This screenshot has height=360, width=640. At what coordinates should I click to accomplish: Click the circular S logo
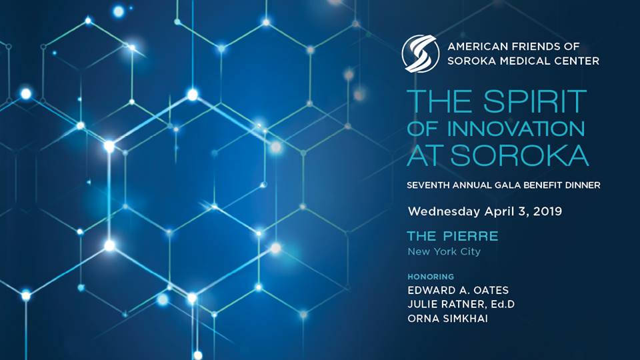tap(421, 53)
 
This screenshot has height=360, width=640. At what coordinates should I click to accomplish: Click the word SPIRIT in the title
tap(535, 101)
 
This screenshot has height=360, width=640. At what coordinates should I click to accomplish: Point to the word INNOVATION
tap(516, 129)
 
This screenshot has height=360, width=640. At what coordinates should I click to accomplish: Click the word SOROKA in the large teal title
tap(519, 155)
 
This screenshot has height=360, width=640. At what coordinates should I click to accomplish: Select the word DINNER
tap(583, 185)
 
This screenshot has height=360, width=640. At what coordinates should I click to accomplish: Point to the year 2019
tap(548, 211)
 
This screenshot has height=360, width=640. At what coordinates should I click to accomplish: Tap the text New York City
tap(444, 252)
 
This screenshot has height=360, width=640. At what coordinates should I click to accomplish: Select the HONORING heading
tap(431, 277)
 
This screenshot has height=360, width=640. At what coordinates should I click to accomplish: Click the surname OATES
tap(491, 290)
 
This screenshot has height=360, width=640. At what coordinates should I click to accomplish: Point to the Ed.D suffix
tap(503, 305)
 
